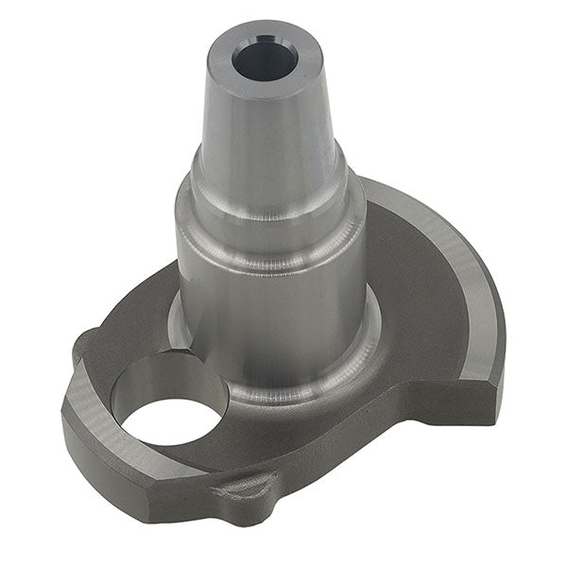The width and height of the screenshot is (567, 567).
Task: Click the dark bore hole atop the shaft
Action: [265, 60]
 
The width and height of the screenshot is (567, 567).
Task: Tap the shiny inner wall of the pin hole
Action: [165, 378]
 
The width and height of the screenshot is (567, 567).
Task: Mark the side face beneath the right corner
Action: [463, 406]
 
